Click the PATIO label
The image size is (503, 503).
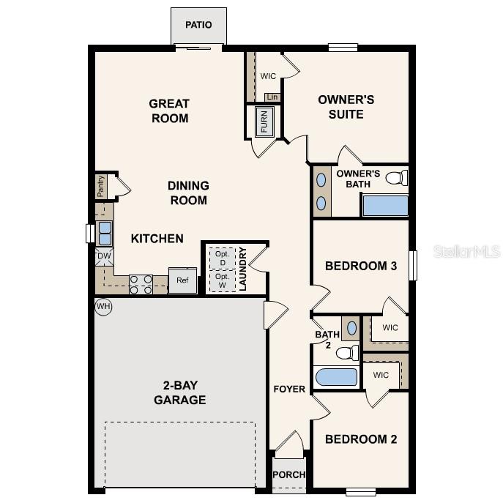198,25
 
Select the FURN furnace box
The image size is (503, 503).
264,122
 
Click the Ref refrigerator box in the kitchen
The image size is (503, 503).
182,280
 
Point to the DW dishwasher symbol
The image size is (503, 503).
103,256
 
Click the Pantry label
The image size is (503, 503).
100,186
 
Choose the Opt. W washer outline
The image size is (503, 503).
222,280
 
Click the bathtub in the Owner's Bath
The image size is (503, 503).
385,206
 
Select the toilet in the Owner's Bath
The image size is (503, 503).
396,178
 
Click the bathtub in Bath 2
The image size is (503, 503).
336,378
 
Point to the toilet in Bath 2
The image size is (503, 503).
347,353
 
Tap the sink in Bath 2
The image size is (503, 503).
351,327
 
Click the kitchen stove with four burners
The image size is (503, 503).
141,284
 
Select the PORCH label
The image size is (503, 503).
288,474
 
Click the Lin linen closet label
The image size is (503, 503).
272,97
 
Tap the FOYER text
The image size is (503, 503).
289,389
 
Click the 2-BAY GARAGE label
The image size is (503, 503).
179,393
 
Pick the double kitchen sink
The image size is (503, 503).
105,233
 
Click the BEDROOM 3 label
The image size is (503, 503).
361,266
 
